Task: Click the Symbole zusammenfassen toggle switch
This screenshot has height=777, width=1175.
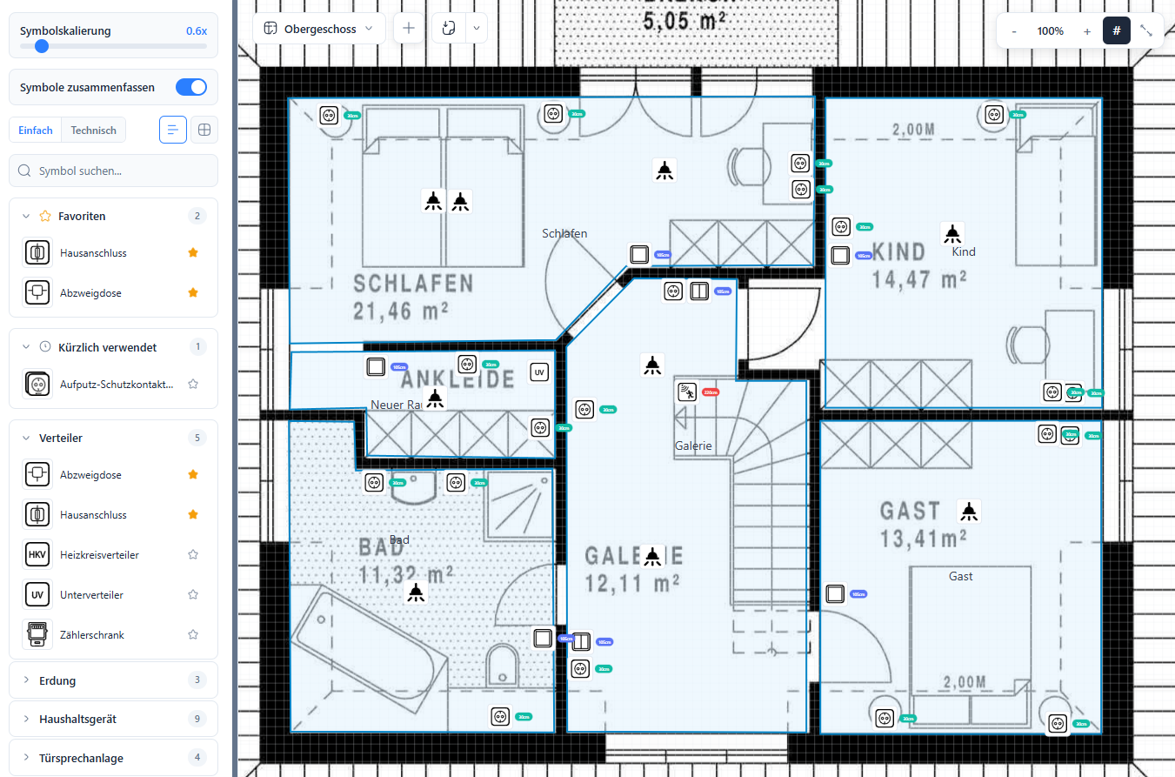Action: pyautogui.click(x=191, y=87)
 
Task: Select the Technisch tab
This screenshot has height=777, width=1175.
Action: pyautogui.click(x=93, y=131)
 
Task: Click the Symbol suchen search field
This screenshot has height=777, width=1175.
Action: pyautogui.click(x=113, y=171)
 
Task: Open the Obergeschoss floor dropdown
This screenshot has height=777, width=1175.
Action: pyautogui.click(x=319, y=29)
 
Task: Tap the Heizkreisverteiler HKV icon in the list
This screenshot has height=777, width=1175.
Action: pyautogui.click(x=37, y=555)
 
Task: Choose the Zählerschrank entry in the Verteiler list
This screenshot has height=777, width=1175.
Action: pyautogui.click(x=91, y=635)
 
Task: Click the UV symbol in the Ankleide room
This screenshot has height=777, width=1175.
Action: pyautogui.click(x=539, y=373)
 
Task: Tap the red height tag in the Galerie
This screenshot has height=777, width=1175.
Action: pyautogui.click(x=711, y=392)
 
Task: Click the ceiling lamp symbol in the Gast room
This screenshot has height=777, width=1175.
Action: pyautogui.click(x=969, y=511)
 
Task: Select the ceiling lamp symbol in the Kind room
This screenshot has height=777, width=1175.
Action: pyautogui.click(x=953, y=233)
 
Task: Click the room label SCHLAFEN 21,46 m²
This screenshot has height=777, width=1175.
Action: pyautogui.click(x=413, y=296)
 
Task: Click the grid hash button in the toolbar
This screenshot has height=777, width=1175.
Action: pyautogui.click(x=1117, y=30)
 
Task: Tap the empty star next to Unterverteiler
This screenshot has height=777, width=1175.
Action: pyautogui.click(x=193, y=595)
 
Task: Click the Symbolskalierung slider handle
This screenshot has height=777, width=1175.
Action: pyautogui.click(x=41, y=47)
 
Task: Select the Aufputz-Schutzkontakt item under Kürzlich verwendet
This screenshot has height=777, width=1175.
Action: pyautogui.click(x=116, y=384)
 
